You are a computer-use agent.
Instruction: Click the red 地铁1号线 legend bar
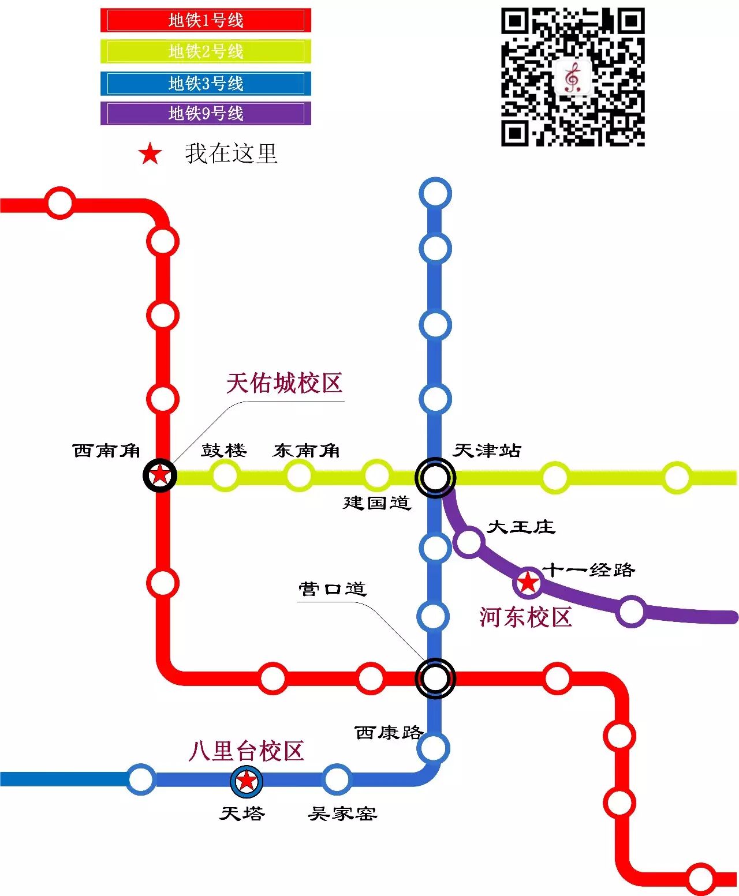(206, 20)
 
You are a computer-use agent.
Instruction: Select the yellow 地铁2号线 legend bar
(206, 51)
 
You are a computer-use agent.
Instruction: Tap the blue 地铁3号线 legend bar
(206, 83)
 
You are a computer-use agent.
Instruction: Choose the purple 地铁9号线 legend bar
(206, 113)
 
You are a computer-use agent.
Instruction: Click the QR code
(572, 77)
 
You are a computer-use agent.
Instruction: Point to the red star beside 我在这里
(150, 154)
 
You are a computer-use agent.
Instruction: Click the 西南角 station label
(107, 451)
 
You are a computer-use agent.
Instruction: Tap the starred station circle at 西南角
(160, 475)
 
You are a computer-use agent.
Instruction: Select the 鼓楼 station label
(224, 450)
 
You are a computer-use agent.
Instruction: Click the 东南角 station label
(306, 451)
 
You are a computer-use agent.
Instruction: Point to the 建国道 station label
(377, 503)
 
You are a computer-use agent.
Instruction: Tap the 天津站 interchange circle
(435, 477)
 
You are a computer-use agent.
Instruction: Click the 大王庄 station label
(521, 527)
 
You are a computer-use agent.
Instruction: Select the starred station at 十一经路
(528, 583)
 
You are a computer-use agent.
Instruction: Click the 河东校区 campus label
(525, 617)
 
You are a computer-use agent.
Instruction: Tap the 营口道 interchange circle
(435, 678)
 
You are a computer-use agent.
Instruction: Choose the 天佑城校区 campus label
(285, 383)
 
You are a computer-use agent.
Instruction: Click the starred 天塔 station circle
(247, 781)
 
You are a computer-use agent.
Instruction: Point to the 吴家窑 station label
(342, 814)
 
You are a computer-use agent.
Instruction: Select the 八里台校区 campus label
(247, 751)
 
